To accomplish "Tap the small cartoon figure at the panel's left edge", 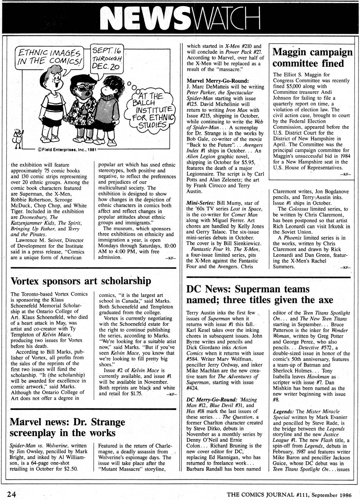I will point(17,138).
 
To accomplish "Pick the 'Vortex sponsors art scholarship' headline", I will point(81,281).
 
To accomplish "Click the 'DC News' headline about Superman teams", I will point(259,294).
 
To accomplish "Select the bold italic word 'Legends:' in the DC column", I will point(283,411).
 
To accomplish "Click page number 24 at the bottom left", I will point(11,494).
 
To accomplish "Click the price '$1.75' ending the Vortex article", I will point(135,394).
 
